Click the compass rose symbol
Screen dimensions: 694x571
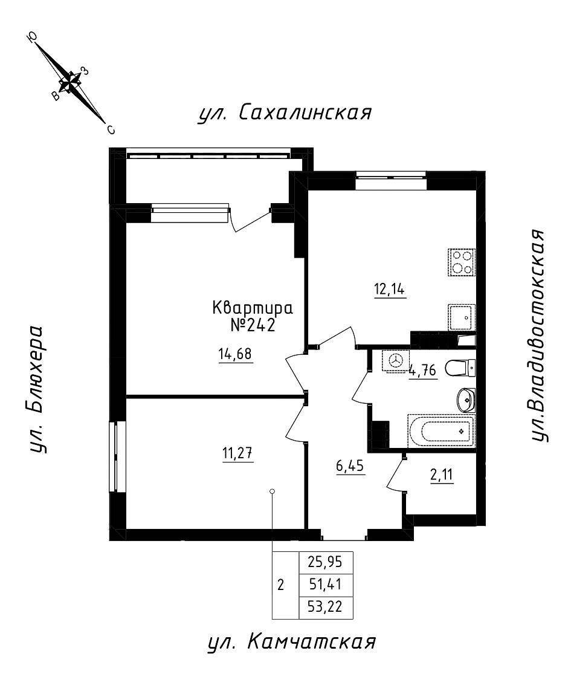[71, 82]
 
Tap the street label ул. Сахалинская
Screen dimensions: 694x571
[284, 112]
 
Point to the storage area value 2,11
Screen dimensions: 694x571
[440, 475]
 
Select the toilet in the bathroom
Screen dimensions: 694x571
[461, 366]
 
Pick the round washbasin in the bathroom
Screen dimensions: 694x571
[466, 399]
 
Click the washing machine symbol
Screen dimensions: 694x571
[396, 361]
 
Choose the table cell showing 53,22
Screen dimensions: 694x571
[326, 607]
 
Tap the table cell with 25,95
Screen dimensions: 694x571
[326, 562]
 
